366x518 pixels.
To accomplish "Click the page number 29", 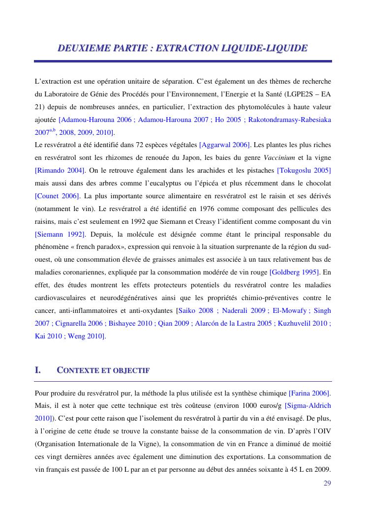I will [x=327, y=483].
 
